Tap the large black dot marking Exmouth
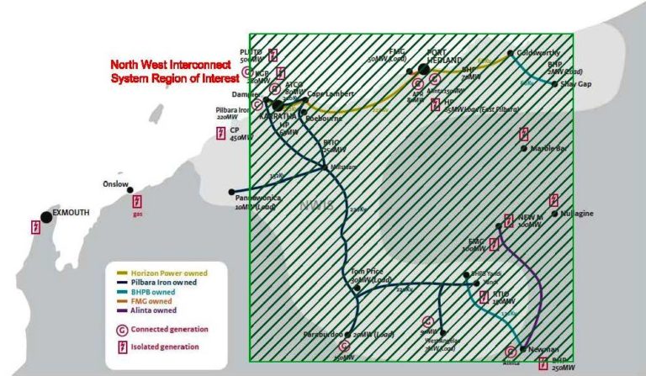47,216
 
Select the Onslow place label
116,183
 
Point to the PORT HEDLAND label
445,56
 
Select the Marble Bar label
552,149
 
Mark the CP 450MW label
241,134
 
